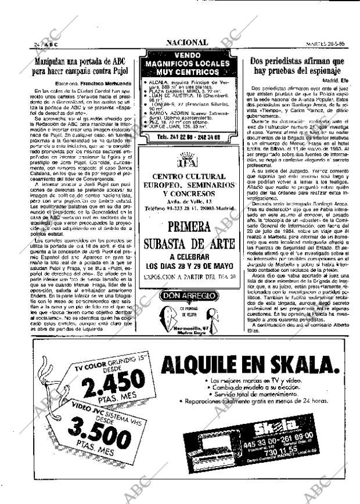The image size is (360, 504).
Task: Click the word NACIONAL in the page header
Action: pos(186,42)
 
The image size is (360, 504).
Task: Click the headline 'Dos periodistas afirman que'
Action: pos(297,60)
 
